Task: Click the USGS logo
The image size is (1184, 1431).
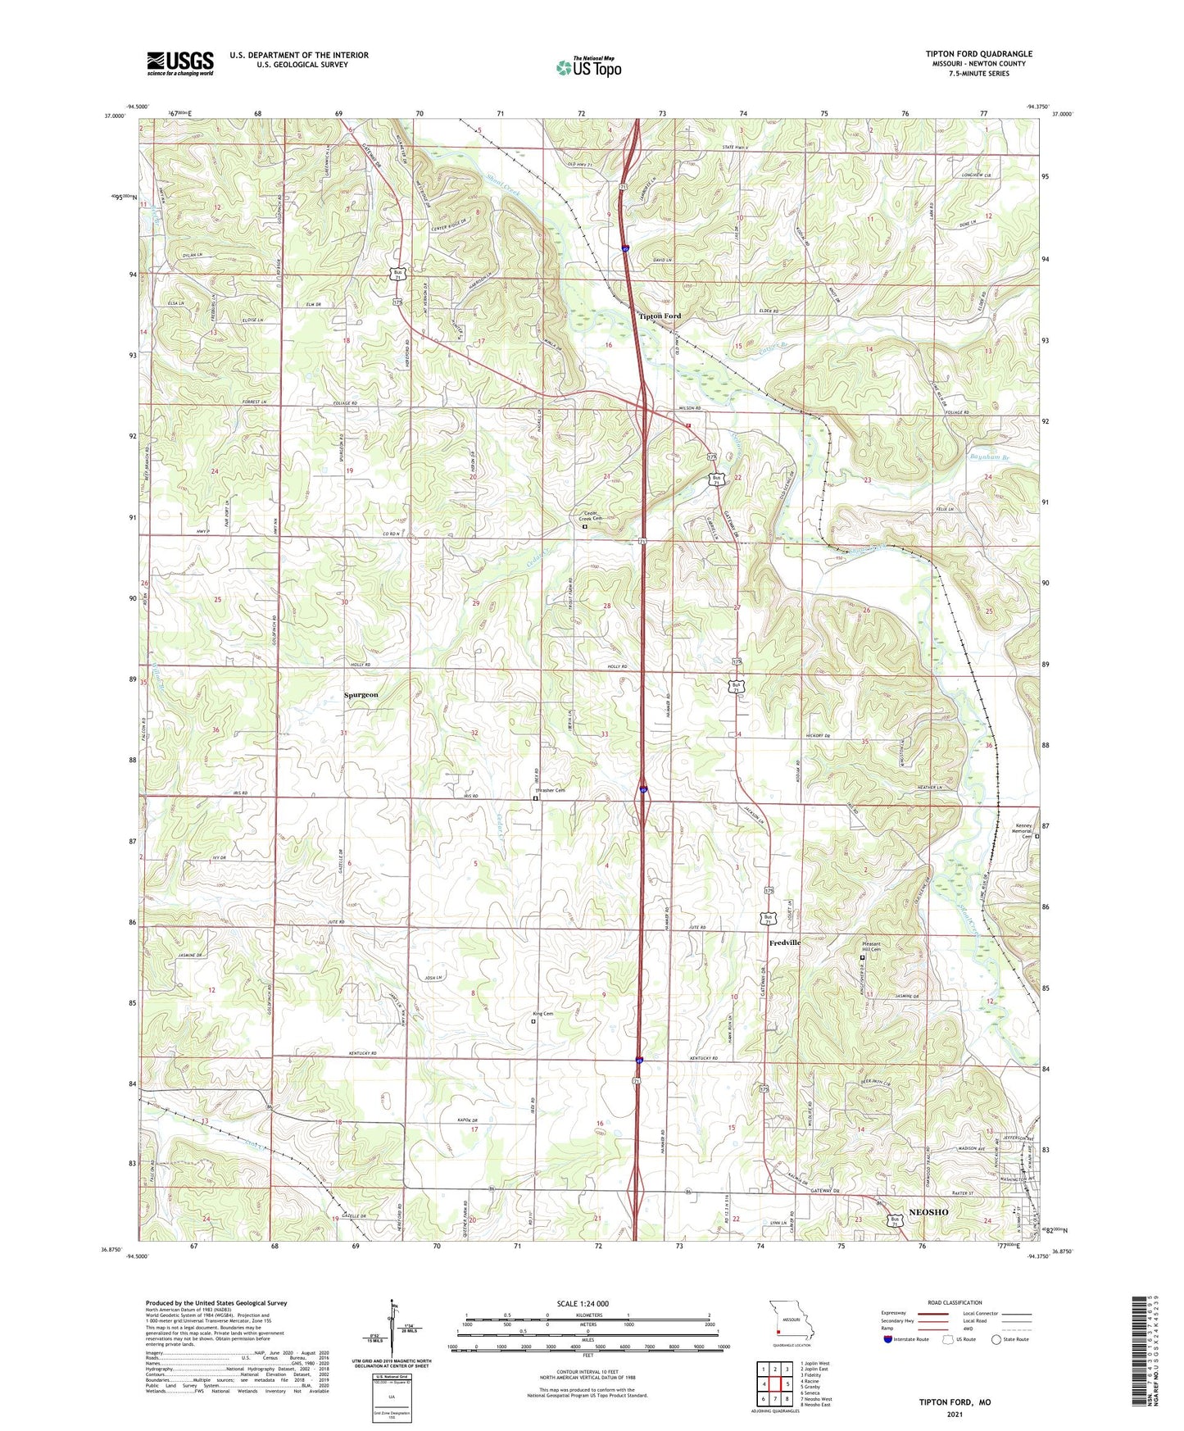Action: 180,62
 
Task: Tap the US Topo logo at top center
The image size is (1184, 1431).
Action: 588,66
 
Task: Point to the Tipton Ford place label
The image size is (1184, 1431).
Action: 660,316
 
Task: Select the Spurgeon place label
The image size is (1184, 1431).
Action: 361,694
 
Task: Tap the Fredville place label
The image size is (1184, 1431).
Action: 784,943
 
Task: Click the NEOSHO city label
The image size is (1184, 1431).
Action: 928,1212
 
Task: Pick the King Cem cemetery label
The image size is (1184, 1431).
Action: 543,1014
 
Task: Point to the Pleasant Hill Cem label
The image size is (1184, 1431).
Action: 870,947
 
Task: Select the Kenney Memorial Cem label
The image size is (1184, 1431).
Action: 1022,832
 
